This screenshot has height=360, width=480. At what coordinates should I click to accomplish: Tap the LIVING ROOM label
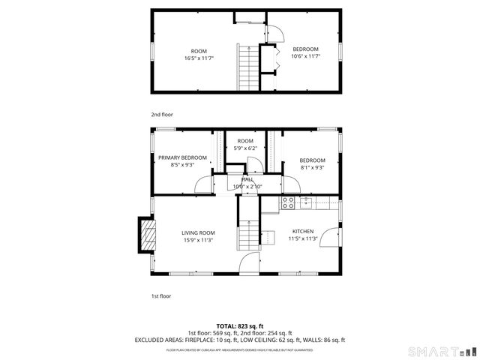click(x=198, y=232)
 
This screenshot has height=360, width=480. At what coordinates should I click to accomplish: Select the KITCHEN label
click(x=303, y=231)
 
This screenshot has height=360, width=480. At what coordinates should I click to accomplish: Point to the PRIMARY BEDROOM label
click(x=182, y=157)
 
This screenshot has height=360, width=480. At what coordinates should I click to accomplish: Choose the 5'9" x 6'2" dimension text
click(x=246, y=148)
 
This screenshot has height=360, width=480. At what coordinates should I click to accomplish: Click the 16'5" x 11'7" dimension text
click(x=199, y=58)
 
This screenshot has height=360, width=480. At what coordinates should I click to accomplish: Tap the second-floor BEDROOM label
click(x=305, y=49)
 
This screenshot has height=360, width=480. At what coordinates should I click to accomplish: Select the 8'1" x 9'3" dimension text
click(x=312, y=168)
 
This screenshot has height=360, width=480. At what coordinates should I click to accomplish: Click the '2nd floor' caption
click(x=162, y=115)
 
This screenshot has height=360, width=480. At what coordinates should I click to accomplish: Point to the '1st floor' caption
click(x=161, y=295)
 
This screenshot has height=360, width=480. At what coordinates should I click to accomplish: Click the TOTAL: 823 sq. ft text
click(x=239, y=325)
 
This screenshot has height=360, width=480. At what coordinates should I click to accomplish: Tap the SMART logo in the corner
click(x=441, y=351)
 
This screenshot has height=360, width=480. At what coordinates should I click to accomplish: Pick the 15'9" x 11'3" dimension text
click(x=198, y=240)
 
